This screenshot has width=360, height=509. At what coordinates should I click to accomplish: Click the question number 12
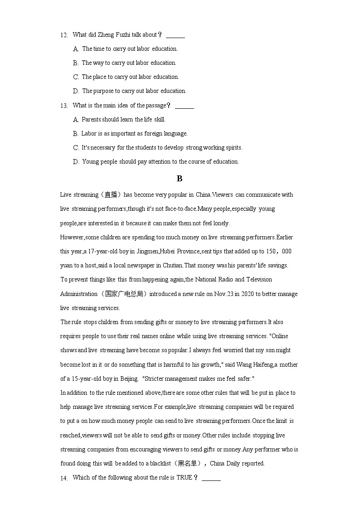[x=64, y=35]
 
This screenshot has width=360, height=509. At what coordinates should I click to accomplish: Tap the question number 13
[x=64, y=106]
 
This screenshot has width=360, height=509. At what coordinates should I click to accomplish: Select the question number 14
[x=64, y=478]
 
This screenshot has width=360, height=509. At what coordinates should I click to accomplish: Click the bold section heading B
[x=180, y=179]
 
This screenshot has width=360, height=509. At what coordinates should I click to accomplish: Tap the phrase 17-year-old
[x=95, y=252]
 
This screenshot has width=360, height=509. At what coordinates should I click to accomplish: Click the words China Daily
[x=225, y=464]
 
